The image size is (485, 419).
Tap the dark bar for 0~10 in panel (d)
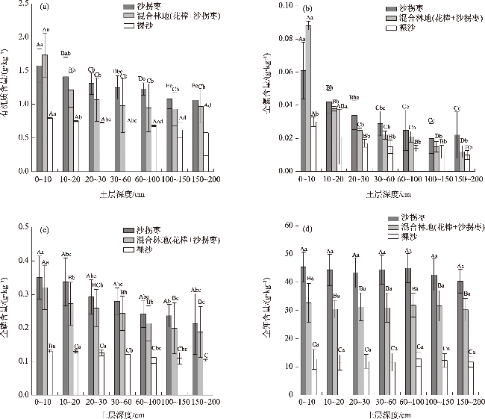pos(304,318)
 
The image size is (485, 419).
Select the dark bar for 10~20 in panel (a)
pos(66,123)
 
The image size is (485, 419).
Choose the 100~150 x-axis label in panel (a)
pos(170,179)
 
